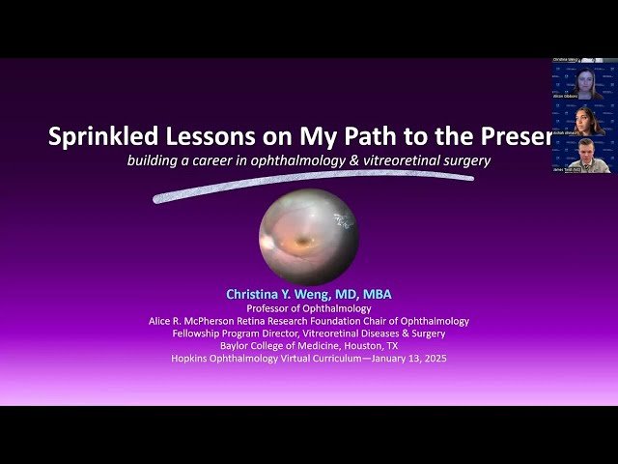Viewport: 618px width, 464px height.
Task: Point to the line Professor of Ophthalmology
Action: pos(308,308)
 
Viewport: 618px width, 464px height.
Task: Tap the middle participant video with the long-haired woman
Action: pos(584,120)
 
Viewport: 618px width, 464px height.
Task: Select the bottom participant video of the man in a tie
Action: pos(584,156)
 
